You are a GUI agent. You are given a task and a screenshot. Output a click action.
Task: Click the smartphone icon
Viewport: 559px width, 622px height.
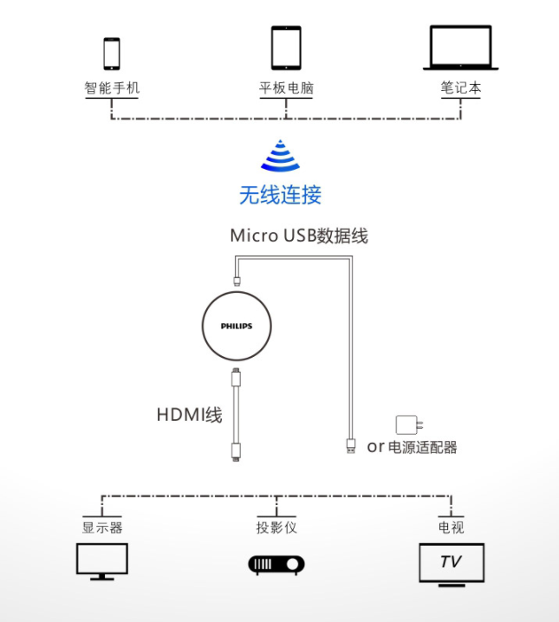112,53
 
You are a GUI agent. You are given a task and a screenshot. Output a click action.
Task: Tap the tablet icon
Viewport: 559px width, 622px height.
285,48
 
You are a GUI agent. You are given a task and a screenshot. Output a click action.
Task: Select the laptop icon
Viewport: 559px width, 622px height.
460,48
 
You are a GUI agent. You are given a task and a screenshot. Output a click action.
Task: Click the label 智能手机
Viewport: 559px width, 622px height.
112,87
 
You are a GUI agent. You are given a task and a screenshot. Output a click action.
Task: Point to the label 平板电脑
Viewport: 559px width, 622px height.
285,87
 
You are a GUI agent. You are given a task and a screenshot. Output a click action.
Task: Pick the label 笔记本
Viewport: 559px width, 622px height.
460,87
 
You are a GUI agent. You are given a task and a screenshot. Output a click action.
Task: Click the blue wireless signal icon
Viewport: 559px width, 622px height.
280,156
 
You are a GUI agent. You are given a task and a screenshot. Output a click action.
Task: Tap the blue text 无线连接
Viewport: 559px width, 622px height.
280,195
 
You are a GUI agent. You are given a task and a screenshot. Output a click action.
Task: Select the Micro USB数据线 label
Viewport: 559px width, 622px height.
299,236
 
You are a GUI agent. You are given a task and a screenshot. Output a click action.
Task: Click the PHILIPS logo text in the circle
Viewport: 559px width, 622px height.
236,327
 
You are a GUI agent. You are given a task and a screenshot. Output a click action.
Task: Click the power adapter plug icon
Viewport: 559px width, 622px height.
406,424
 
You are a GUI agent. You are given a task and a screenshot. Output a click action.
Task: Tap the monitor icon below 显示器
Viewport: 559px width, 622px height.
102,561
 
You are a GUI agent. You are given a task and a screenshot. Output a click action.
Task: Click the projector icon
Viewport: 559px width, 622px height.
276,565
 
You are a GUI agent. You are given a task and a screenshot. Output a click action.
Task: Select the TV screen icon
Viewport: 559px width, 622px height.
451,563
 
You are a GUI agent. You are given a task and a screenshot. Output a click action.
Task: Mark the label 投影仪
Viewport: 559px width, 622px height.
276,528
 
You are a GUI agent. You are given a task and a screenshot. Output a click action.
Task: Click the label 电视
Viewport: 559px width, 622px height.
451,528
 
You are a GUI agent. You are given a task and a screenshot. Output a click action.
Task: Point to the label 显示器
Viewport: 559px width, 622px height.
102,528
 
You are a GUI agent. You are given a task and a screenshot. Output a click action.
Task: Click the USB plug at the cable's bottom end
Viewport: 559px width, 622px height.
349,445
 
